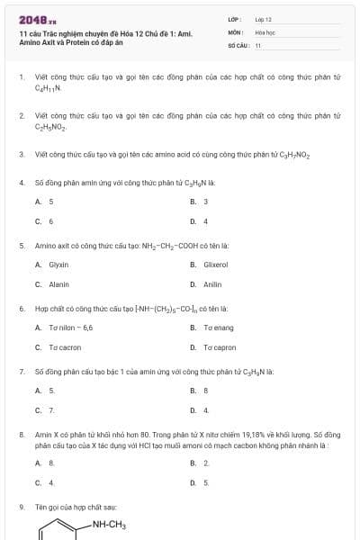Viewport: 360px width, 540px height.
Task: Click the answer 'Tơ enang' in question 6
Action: pyautogui.click(x=218, y=328)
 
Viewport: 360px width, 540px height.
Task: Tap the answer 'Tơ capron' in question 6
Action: pyautogui.click(x=219, y=346)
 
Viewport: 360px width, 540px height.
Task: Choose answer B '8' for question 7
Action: pyautogui.click(x=206, y=391)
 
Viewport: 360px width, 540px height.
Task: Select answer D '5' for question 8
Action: pyautogui.click(x=206, y=481)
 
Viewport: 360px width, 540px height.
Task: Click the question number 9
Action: pyautogui.click(x=22, y=508)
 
